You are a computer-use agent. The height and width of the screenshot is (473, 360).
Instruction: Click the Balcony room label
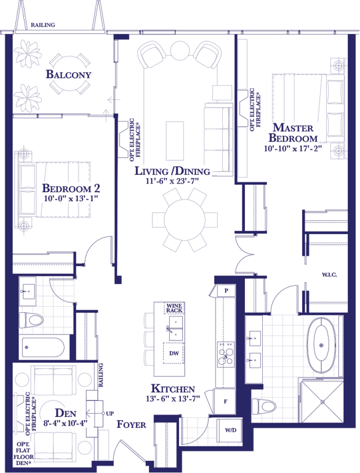[x=68, y=74]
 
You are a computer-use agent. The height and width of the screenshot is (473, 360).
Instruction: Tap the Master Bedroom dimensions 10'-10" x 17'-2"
[x=293, y=148]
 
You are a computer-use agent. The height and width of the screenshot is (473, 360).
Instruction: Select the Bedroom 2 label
[x=71, y=188]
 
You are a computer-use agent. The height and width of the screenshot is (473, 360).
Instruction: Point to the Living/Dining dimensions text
[x=173, y=181]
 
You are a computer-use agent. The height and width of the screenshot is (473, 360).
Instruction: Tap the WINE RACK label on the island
[x=174, y=308]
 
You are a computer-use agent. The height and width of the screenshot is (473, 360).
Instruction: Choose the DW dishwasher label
[x=174, y=354]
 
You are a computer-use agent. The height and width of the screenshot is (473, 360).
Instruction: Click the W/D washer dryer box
[x=230, y=430]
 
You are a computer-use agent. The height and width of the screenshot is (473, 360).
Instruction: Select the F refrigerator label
[x=225, y=402]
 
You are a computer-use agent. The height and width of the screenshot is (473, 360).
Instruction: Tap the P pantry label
[x=226, y=291]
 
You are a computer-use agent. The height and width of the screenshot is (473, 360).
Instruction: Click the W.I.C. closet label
[x=329, y=275]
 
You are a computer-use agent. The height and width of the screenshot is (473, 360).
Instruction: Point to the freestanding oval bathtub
[x=321, y=345]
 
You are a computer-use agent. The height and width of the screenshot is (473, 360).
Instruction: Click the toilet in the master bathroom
[x=264, y=406]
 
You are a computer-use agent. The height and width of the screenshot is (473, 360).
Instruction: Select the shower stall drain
[x=322, y=402]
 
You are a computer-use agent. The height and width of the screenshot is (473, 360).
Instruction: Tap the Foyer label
[x=131, y=424]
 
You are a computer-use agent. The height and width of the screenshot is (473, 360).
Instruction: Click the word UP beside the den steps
[x=110, y=414]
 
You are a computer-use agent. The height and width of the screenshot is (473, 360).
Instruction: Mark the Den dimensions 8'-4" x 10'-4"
[x=65, y=423]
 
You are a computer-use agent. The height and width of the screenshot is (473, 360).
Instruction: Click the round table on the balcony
[x=70, y=74]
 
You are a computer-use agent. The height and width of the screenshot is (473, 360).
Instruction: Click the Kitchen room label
[x=173, y=389]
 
